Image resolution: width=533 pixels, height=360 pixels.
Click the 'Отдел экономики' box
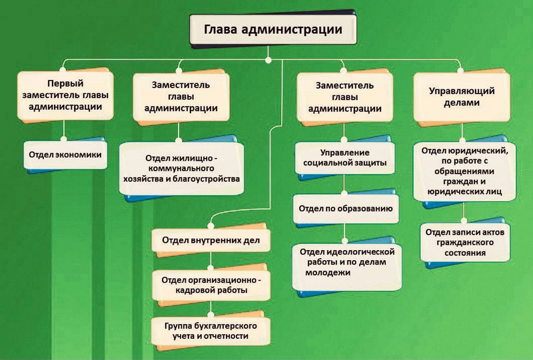(x=65, y=154)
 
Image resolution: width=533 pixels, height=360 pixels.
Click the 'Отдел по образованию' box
(x=345, y=209)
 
